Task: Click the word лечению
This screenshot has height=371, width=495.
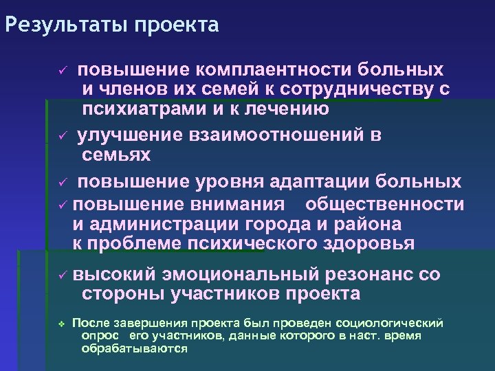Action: [288, 109]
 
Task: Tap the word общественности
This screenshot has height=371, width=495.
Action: [384, 204]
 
